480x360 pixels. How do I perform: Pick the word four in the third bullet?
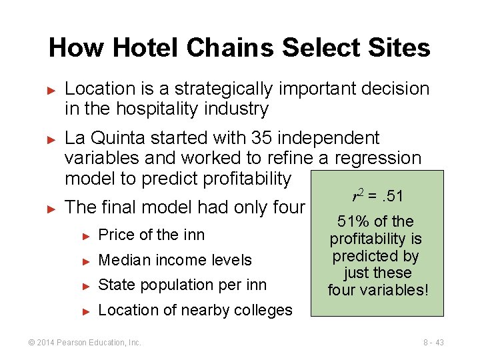click(x=289, y=207)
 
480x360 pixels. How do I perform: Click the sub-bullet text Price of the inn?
click(x=151, y=235)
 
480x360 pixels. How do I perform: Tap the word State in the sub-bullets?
click(x=115, y=285)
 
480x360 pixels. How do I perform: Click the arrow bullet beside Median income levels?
click(x=85, y=261)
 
